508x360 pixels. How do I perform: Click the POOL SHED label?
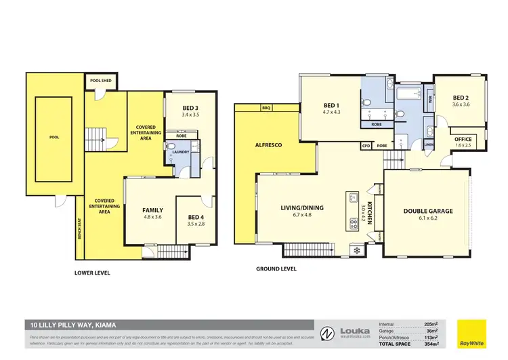pos(102,81)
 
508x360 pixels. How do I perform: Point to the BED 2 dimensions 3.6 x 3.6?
pos(462,104)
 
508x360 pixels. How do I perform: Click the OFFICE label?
pos(464,140)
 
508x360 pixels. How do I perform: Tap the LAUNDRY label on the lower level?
pos(181,152)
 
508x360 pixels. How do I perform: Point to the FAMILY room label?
pos(152,210)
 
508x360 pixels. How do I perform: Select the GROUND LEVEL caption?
pos(276,269)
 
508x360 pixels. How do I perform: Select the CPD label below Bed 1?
pos(366,146)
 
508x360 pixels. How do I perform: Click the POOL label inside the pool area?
pos(54,137)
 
